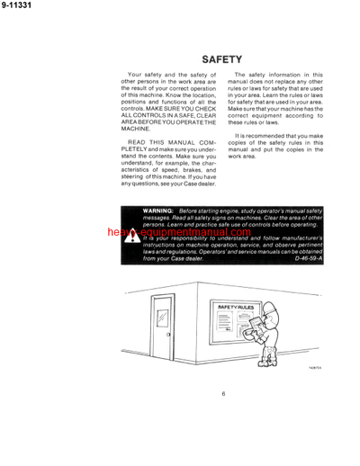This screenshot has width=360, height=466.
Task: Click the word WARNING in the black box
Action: point(160,209)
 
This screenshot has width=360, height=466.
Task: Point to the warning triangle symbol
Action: point(132,237)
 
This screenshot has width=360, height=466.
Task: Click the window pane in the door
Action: point(162,318)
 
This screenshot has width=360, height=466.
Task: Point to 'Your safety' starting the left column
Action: point(146,76)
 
